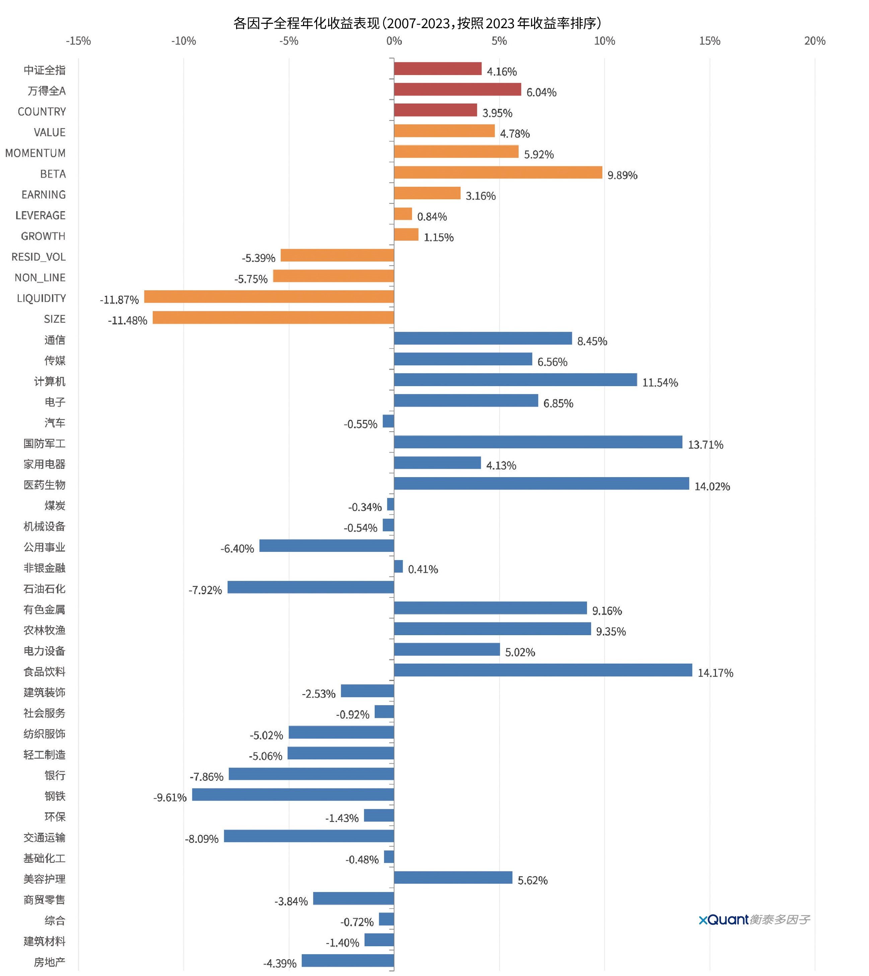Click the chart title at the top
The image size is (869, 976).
(417, 23)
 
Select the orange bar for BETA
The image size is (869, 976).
(498, 172)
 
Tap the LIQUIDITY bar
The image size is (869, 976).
(269, 297)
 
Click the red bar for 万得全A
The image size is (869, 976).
(457, 89)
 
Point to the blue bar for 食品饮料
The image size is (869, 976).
(542, 670)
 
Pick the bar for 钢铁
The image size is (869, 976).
(293, 795)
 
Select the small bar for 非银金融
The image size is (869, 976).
(398, 566)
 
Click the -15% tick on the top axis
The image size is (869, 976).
(78, 41)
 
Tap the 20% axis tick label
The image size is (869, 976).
(814, 41)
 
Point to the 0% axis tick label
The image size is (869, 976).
(394, 41)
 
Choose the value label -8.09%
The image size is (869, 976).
(202, 839)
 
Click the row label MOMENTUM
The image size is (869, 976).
(35, 153)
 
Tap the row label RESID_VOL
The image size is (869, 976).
(39, 257)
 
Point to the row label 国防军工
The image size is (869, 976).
(45, 444)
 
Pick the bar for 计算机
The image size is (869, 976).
(515, 380)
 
